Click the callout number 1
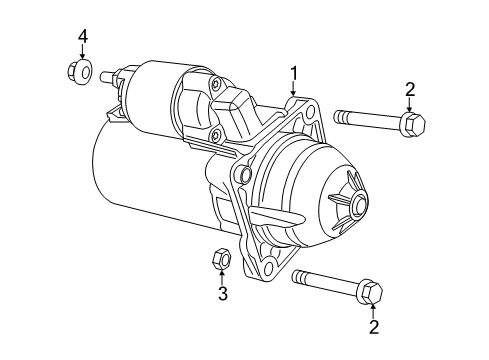coord(295,72)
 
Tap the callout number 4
coord(84,37)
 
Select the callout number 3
coord(223,293)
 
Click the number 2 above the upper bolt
coord(410,90)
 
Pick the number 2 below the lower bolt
coord(373,326)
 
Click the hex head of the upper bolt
coord(411,125)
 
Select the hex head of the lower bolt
coord(369,289)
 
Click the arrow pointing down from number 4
coord(84,53)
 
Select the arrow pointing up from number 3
coord(223,277)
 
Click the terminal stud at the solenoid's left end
coord(110,78)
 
